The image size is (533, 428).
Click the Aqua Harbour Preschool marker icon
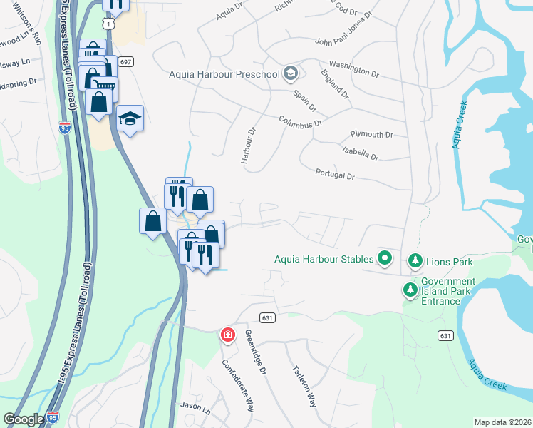tap(290, 73)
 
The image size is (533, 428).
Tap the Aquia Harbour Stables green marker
tap(385, 258)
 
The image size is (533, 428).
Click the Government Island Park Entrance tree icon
tap(410, 290)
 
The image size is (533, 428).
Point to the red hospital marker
tap(227, 335)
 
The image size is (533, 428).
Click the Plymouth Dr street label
tap(371, 135)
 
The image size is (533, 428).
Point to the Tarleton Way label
tap(304, 387)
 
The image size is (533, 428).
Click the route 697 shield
tap(125, 62)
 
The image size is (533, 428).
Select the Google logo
tap(24, 419)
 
